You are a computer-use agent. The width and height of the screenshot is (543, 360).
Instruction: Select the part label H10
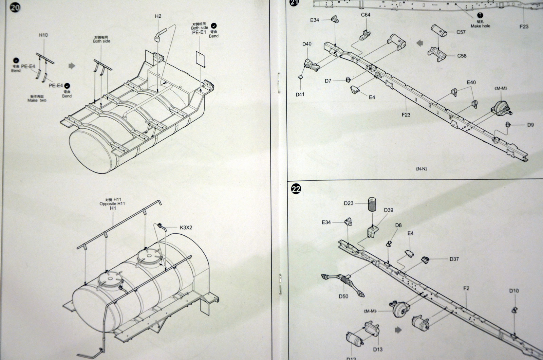click(x=43, y=35)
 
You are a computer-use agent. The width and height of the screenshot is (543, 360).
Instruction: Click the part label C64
click(x=366, y=15)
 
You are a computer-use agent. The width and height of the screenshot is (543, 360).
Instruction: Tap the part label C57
click(x=461, y=32)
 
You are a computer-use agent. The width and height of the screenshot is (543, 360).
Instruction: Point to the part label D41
click(x=300, y=94)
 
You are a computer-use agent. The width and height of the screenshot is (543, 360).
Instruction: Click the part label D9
click(x=531, y=125)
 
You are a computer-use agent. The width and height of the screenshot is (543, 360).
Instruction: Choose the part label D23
click(x=349, y=203)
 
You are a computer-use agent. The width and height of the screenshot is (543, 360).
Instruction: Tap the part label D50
click(x=343, y=296)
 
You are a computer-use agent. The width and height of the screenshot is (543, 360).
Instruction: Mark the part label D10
click(x=514, y=291)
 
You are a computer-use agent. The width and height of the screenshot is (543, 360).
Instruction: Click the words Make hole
click(x=480, y=26)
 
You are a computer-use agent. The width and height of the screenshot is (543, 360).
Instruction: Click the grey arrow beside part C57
click(x=419, y=43)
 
